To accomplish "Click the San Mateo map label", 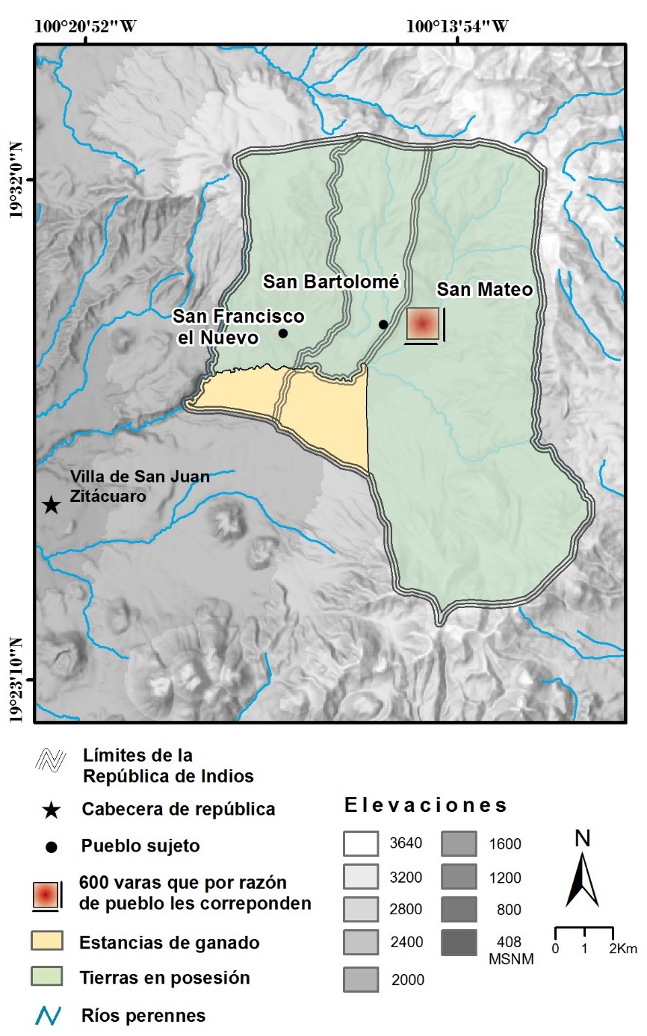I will coord(485,290).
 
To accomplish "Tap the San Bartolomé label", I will coord(332,282).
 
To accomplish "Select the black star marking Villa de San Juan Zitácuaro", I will coord(50,506).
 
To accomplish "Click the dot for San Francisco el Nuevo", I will coord(283,333).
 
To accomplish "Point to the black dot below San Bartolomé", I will coord(383,324).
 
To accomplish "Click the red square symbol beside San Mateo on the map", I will coord(422,324).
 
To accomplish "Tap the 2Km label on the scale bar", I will coord(622,949).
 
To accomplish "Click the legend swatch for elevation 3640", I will coord(359,844).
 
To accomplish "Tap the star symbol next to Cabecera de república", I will coord(50,809).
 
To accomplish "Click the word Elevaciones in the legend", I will coord(426,806).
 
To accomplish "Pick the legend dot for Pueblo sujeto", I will coord(50,847).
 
